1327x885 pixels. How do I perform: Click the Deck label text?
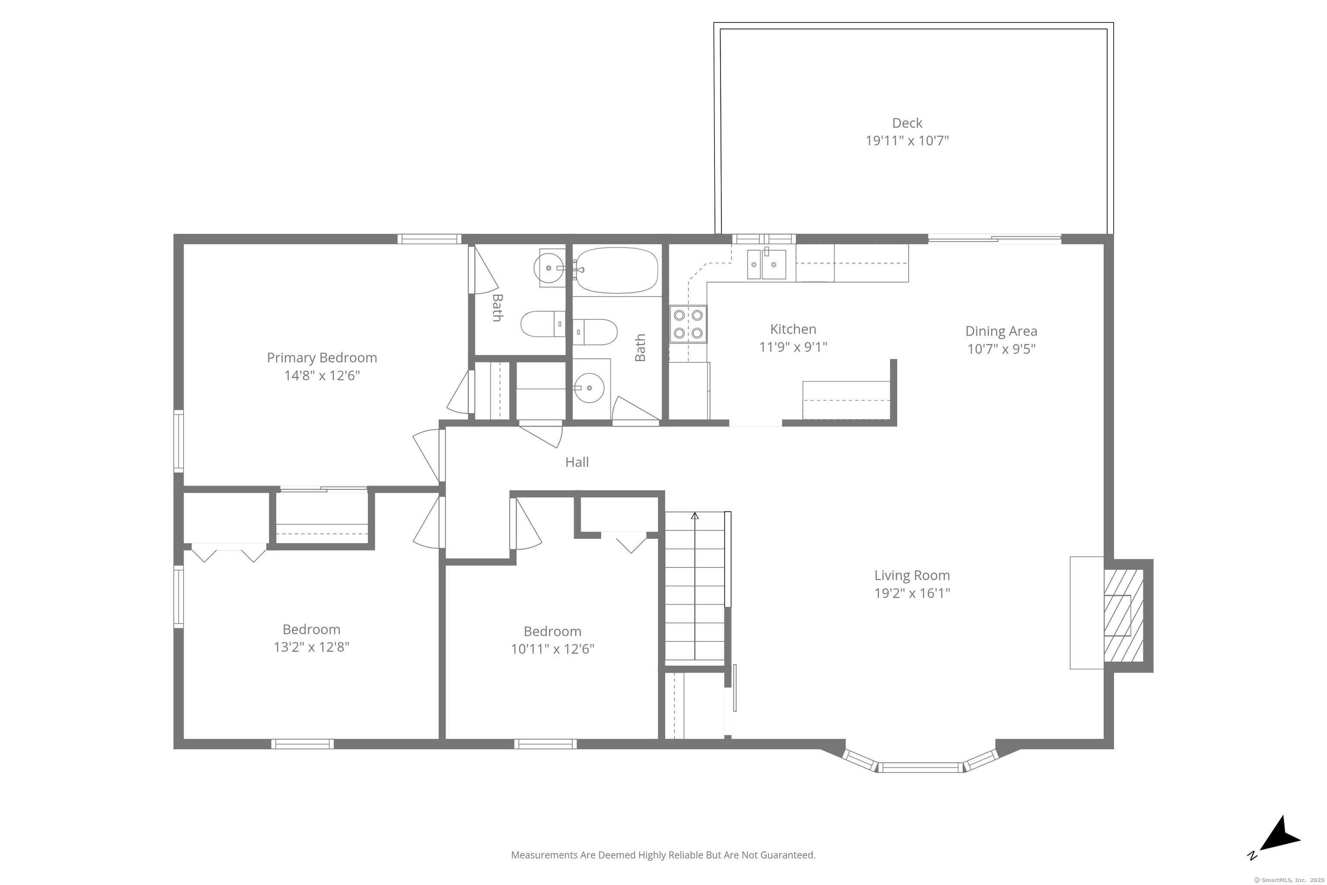907,123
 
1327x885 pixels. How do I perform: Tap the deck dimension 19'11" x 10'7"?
907,140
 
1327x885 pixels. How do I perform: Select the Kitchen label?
793,329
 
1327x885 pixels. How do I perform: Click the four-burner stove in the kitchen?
688,324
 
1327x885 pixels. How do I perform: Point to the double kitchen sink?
766,265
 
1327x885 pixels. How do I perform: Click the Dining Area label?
1001,331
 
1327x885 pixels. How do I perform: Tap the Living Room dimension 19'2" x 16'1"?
912,593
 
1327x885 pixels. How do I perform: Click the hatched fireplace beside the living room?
1123,615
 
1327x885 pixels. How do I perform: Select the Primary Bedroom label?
321,358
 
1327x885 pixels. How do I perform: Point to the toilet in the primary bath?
543,324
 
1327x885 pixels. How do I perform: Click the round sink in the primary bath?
549,268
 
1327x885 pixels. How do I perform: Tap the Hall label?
577,462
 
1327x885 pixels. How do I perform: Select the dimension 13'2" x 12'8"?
311,647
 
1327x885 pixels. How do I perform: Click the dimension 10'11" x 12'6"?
552,649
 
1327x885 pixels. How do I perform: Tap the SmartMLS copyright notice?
1288,880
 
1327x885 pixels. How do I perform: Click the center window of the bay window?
921,767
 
